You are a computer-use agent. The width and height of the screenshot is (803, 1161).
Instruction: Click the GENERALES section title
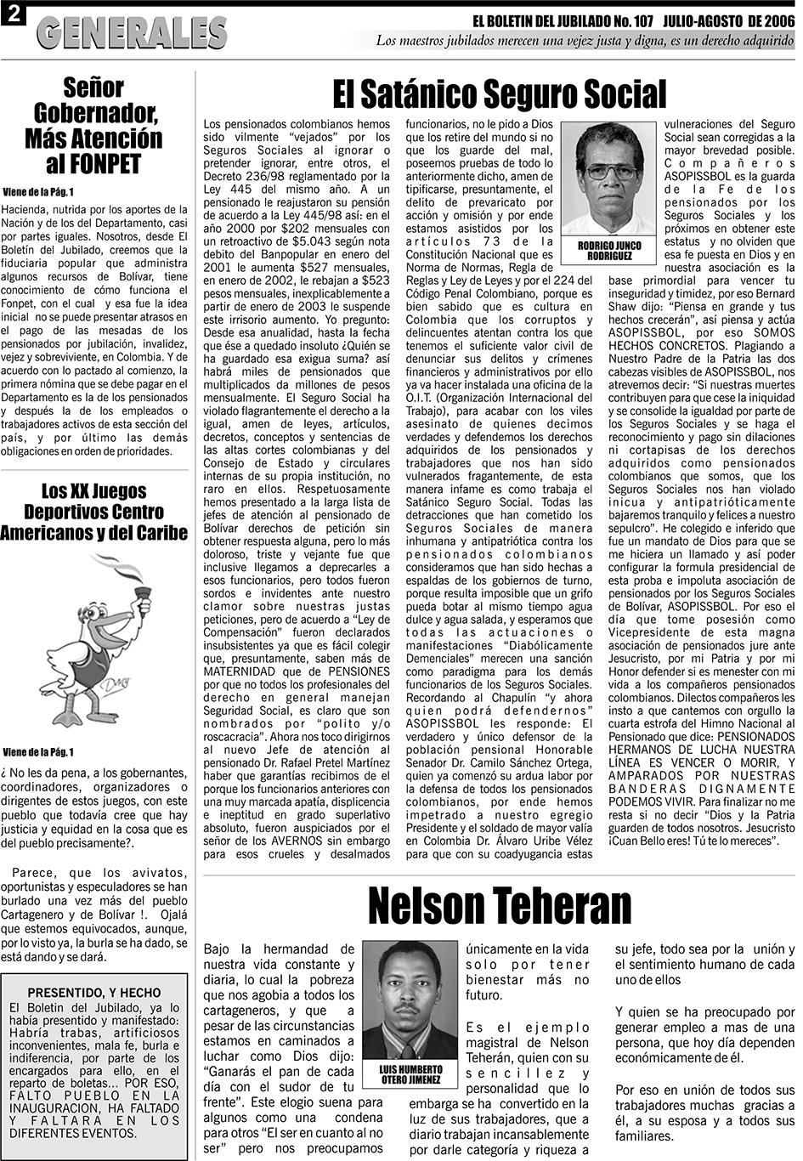click(133, 32)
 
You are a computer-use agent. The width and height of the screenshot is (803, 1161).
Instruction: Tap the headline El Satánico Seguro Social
click(499, 94)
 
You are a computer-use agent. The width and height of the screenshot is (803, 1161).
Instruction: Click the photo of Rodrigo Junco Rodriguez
click(609, 178)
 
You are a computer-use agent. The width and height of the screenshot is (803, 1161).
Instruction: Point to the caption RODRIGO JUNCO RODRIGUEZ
click(609, 250)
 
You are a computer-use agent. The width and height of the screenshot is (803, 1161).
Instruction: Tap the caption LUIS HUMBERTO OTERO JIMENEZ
click(412, 1074)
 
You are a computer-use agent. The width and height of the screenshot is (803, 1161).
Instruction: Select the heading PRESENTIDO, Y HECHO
click(93, 992)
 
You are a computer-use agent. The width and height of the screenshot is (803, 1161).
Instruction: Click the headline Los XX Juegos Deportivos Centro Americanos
click(93, 512)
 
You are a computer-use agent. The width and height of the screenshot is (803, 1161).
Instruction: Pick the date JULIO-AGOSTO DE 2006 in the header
click(724, 19)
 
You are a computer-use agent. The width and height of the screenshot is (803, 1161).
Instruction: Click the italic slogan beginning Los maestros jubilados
click(585, 40)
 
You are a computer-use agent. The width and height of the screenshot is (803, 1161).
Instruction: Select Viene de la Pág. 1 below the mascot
click(38, 752)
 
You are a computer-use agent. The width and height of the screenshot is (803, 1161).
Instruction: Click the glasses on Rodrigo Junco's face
click(610, 171)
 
